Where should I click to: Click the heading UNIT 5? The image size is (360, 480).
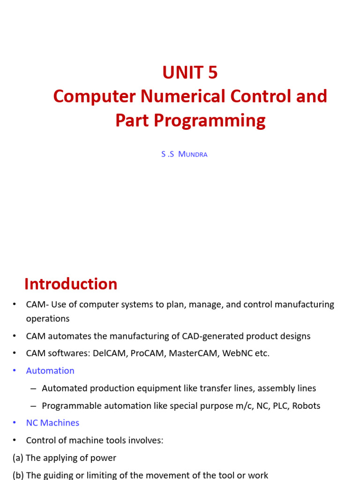190,73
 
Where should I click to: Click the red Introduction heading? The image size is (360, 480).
71,284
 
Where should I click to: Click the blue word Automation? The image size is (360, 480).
50,371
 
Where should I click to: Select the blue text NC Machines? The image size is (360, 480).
52,423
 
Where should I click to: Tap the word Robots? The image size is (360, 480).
306,406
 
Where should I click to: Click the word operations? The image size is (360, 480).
48,319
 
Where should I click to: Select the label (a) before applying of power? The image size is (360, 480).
18,458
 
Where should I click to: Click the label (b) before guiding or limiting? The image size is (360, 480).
18,475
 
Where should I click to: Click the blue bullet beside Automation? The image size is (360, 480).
15,371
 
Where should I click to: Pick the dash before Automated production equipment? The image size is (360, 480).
33,389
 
